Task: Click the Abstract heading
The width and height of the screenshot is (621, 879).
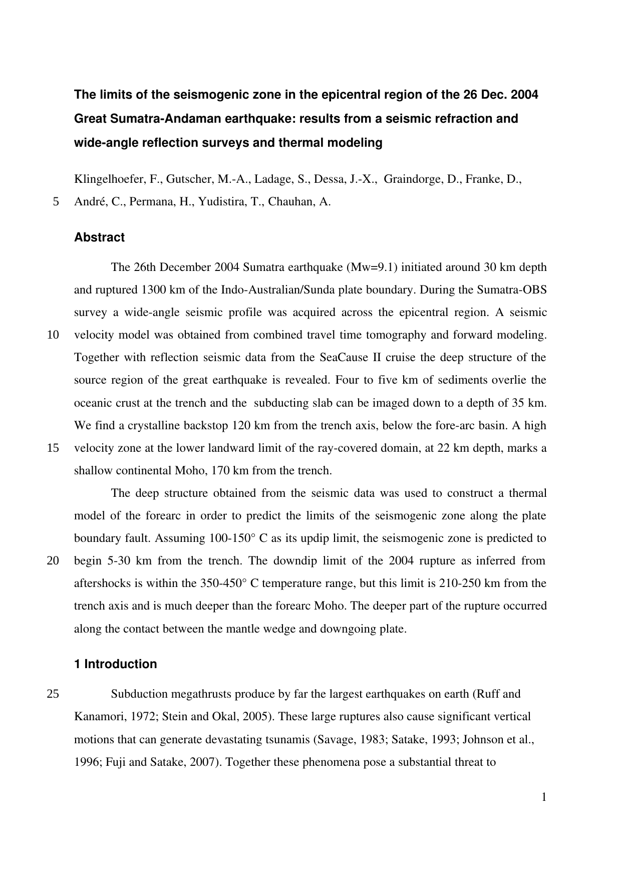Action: point(99,237)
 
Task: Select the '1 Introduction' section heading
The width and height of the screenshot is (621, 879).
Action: point(115,664)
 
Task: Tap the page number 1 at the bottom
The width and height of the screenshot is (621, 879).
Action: point(543,797)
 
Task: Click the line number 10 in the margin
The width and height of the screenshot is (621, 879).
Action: point(53,335)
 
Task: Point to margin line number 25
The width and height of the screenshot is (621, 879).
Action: point(53,694)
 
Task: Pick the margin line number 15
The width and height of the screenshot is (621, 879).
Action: point(53,448)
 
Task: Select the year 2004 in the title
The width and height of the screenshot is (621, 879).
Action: point(524,94)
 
